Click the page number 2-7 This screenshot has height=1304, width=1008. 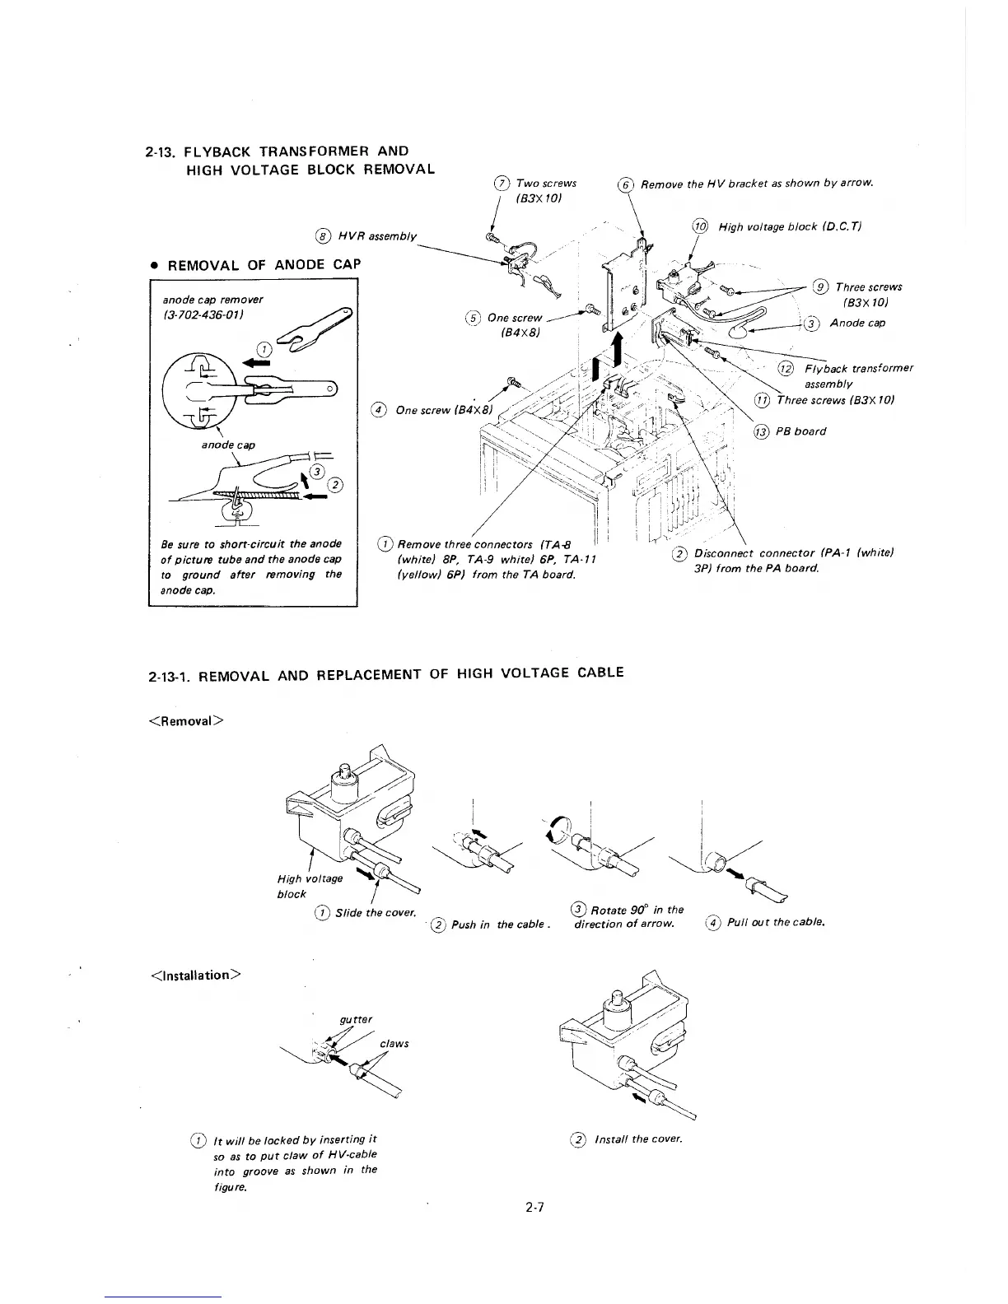click(x=536, y=1208)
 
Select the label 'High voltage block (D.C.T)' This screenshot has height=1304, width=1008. click(x=789, y=226)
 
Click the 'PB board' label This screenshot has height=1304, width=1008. click(x=800, y=431)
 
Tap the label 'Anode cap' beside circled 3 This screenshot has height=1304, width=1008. click(x=857, y=323)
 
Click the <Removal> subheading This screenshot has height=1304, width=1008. click(x=184, y=721)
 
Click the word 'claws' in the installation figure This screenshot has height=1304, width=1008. click(x=394, y=1044)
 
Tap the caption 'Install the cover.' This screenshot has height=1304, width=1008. click(x=638, y=1139)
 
